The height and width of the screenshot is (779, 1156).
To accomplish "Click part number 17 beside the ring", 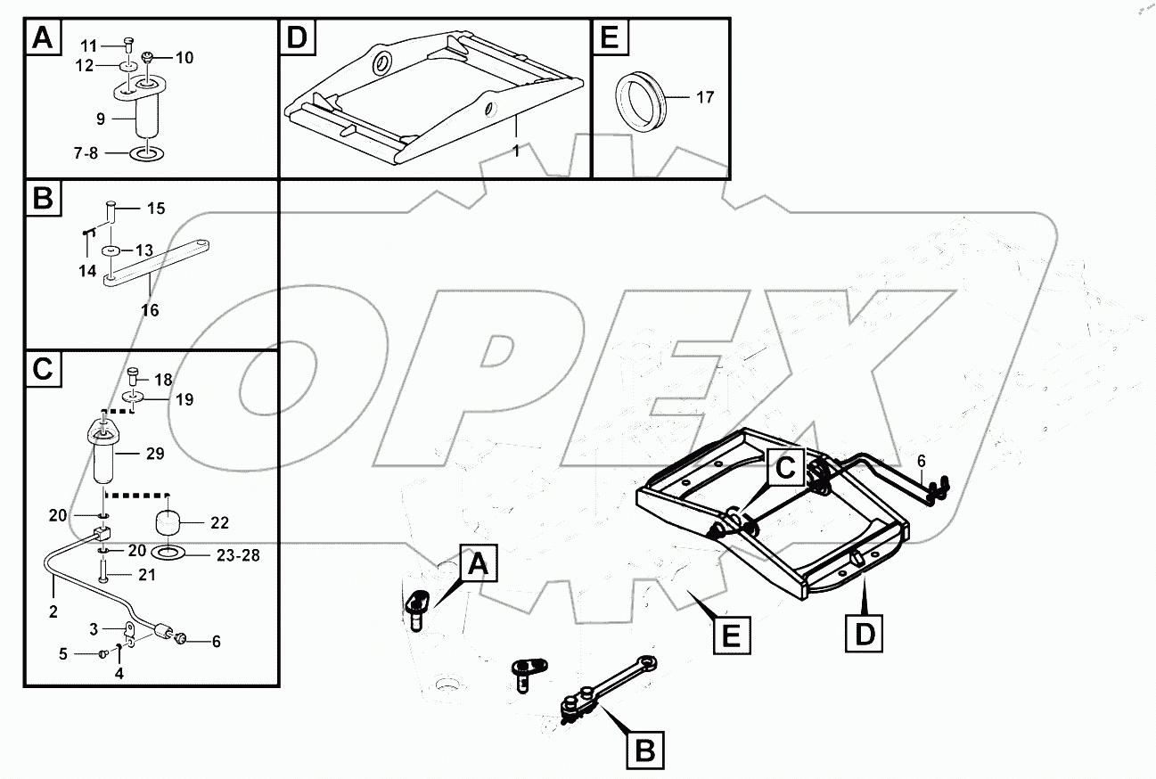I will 704,97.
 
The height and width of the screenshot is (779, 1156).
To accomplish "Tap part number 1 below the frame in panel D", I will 515,152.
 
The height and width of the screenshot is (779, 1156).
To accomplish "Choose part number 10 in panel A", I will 184,58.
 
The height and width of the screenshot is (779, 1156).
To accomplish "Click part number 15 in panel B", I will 155,209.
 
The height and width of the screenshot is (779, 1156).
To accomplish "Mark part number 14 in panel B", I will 86,270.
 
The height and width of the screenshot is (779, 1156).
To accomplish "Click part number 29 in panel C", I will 154,454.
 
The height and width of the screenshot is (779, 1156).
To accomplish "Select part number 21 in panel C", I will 146,575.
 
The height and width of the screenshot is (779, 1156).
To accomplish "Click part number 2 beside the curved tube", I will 53,611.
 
